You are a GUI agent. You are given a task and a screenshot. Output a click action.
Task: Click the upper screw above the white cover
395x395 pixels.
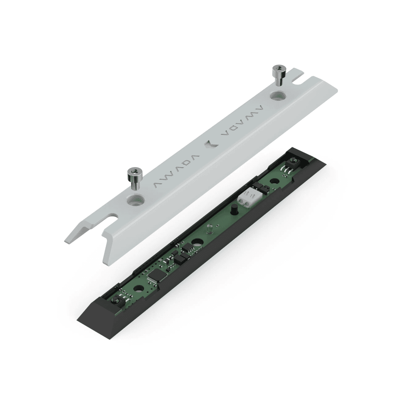coord(279,75)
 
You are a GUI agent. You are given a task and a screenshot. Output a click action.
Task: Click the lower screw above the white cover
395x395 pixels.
coord(135,179)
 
